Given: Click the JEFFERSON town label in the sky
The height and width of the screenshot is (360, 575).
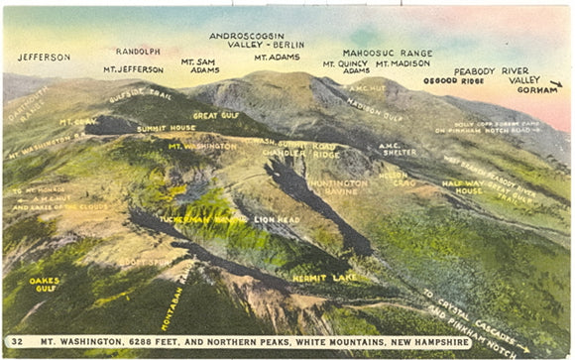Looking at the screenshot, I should (44, 58).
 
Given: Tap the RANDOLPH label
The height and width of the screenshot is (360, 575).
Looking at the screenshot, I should (138, 51).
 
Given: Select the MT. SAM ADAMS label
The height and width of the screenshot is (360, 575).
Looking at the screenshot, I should (200, 65).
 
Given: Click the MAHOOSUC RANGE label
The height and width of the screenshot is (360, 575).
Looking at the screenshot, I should (388, 53).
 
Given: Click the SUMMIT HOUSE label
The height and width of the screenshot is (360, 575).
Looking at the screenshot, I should (166, 128).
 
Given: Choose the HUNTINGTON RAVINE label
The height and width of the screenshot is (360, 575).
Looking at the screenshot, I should (338, 188).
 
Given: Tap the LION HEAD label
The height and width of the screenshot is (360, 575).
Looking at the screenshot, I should (277, 218).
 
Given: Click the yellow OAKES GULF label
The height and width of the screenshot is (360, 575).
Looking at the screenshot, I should (45, 285).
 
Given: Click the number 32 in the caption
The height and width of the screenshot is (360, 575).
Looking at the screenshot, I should (18, 342).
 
